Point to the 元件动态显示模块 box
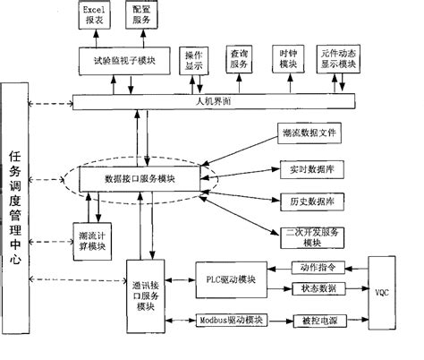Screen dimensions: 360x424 coord(344,58)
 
